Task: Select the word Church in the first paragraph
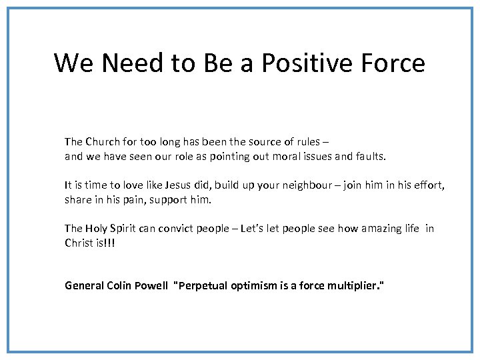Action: [102, 141]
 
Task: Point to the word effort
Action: [430, 185]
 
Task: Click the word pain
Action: [135, 199]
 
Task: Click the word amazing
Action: [382, 229]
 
